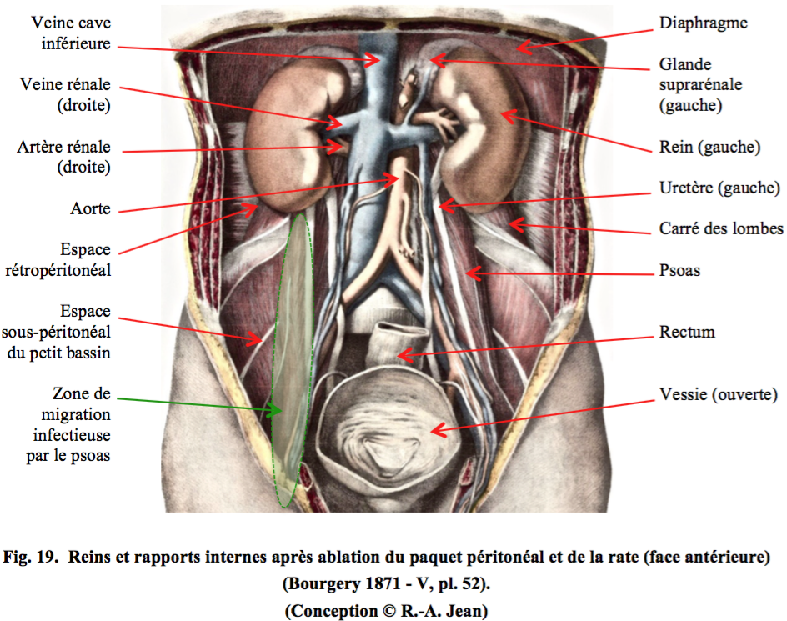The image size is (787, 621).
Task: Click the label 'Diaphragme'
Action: (703, 23)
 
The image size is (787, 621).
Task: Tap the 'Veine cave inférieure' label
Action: (71, 33)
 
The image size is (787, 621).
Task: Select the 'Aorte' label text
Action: (90, 208)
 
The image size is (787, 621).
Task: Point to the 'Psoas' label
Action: (679, 270)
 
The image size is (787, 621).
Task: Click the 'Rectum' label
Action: (687, 332)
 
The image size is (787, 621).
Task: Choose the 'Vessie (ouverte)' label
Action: (719, 394)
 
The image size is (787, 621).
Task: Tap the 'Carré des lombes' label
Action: (721, 229)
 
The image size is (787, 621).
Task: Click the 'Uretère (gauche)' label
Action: (719, 188)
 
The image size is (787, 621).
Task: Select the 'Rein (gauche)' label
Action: (709, 147)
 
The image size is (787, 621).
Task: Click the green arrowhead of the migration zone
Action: (275, 410)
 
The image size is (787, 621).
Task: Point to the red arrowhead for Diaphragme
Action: (523, 48)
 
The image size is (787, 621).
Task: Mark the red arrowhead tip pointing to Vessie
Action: (431, 431)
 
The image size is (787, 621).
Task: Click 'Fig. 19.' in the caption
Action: (31, 558)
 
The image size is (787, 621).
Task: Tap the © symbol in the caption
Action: (389, 612)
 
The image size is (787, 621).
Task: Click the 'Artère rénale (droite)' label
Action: (63, 157)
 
